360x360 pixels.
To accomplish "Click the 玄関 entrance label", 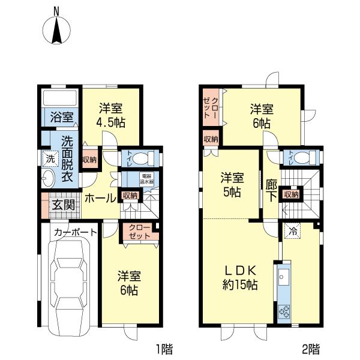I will pos(63,205).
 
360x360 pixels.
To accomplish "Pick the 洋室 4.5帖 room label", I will pos(111,115).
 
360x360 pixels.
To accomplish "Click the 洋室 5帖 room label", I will pos(232,184).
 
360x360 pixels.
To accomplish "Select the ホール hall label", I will pos(100,198).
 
